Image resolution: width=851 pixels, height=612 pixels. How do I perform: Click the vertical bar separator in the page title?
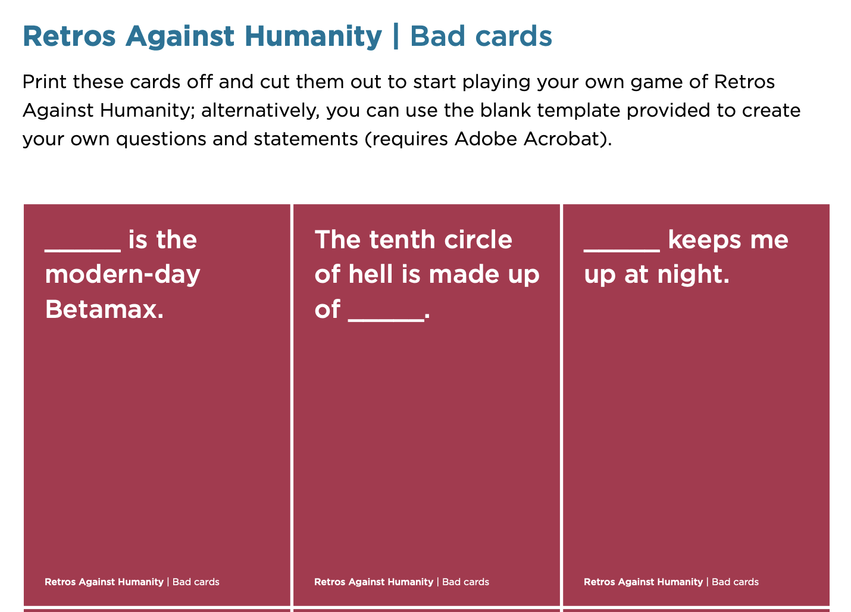point(396,36)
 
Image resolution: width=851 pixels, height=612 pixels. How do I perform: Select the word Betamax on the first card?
point(104,309)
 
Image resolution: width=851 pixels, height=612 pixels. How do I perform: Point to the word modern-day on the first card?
point(123,274)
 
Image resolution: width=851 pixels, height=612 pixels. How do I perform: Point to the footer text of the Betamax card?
point(132,582)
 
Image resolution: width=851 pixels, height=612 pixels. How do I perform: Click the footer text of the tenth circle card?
point(402,582)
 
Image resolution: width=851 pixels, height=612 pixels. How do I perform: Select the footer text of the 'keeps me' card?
point(671,582)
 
